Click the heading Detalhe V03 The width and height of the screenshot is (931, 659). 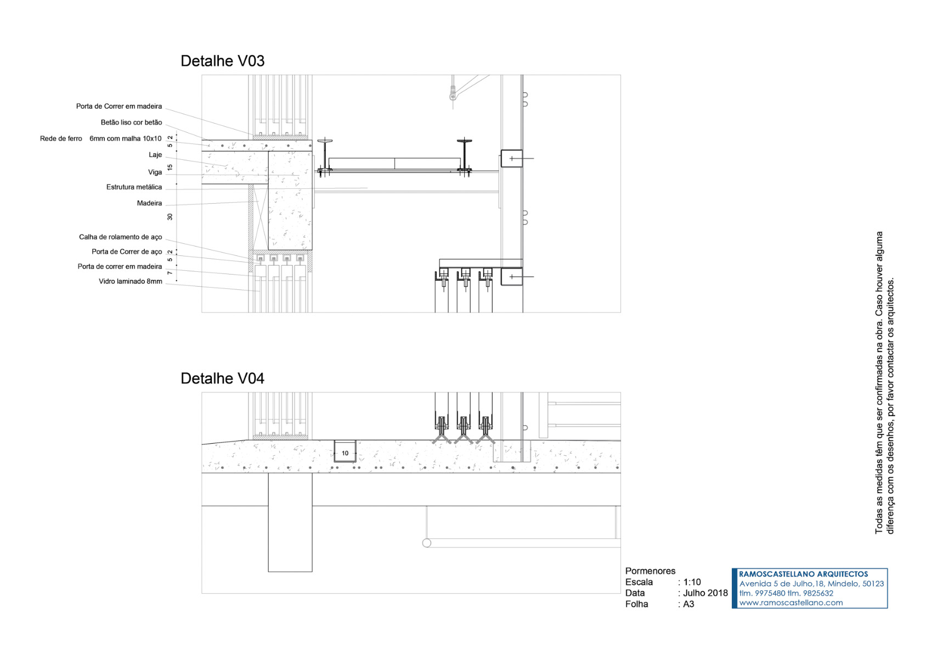(x=222, y=61)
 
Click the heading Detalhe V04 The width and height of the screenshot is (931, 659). (x=222, y=378)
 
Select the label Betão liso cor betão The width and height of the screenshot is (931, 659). (x=131, y=122)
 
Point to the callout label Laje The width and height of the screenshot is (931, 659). (x=155, y=155)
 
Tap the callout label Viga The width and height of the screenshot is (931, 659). (x=155, y=172)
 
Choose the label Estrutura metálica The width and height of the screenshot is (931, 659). (x=134, y=187)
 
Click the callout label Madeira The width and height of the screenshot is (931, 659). (x=149, y=203)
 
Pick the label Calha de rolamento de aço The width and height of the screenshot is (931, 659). (x=120, y=237)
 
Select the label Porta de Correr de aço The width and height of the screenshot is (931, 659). (x=127, y=252)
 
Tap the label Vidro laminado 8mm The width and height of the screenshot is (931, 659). (x=130, y=282)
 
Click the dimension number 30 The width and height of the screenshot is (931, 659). (x=170, y=217)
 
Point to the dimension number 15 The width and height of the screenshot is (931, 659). (x=170, y=167)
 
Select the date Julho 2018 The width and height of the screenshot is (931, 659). (x=705, y=593)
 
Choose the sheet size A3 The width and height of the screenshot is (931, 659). (x=689, y=604)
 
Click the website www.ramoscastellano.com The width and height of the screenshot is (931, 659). (x=791, y=602)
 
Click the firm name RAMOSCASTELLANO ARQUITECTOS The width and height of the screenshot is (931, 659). (x=803, y=574)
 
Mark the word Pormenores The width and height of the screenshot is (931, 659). (x=650, y=571)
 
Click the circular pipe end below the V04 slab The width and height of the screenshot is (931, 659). (x=427, y=543)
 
